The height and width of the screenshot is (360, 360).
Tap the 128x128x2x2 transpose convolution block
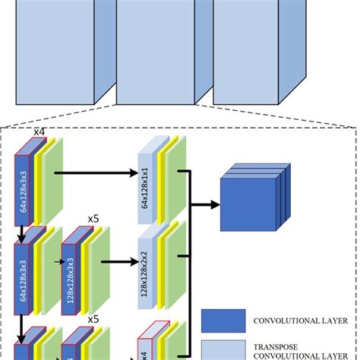tap(145, 264)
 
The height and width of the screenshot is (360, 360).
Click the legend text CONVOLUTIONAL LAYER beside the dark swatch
tap(296, 321)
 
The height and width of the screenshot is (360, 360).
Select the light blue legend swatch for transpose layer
tap(223, 349)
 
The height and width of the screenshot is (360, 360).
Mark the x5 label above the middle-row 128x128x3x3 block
tap(93, 218)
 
